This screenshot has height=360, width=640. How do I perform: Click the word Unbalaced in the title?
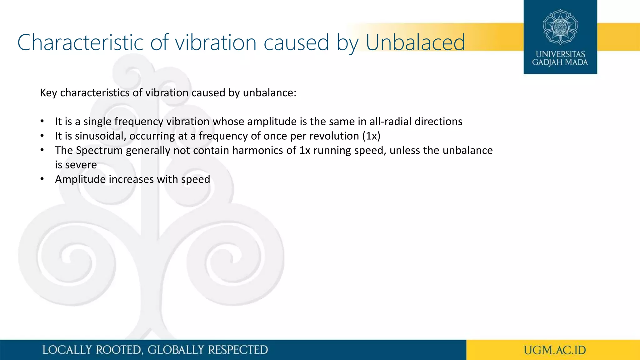click(415, 42)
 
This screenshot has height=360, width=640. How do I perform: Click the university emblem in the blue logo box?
click(560, 27)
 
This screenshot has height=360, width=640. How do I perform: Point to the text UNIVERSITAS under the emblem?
click(560, 54)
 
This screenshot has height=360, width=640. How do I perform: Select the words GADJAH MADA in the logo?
click(560, 62)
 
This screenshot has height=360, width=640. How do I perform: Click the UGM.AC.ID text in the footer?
click(555, 350)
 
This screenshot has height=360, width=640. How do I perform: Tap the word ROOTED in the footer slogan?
click(118, 350)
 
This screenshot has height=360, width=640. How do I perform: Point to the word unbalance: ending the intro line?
click(269, 93)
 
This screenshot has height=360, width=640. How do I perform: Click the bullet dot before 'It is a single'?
click(42, 122)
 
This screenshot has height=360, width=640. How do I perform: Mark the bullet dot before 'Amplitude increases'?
click(42, 179)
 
